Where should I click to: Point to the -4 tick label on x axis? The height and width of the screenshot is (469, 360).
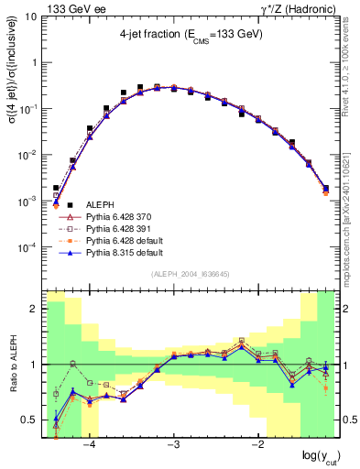pos(90,445)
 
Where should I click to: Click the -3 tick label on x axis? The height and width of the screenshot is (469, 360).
pos(174,445)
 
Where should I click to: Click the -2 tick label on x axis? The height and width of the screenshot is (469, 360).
pos(258,445)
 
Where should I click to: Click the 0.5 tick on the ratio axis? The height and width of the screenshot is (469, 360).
pos(32,420)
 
